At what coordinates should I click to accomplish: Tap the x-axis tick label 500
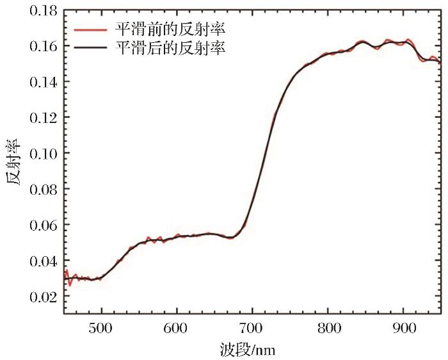pyautogui.click(x=100, y=326)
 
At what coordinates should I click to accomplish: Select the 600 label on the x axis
pyautogui.click(x=176, y=326)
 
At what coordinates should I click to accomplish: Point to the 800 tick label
pyautogui.click(x=328, y=326)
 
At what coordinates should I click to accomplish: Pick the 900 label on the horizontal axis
pyautogui.click(x=403, y=326)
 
